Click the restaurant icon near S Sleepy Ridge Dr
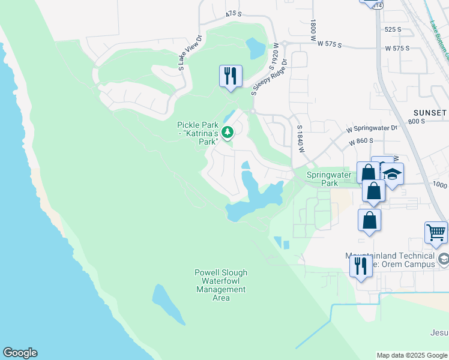(231, 76)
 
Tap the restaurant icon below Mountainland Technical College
(361, 265)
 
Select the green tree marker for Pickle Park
(228, 132)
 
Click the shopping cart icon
(436, 232)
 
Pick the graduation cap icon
(393, 174)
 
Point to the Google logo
(20, 353)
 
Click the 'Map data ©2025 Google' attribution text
(412, 355)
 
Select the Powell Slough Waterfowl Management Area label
(221, 285)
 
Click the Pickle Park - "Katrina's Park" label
(196, 133)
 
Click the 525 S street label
(392, 29)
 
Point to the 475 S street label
(234, 13)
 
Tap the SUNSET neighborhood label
(430, 113)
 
